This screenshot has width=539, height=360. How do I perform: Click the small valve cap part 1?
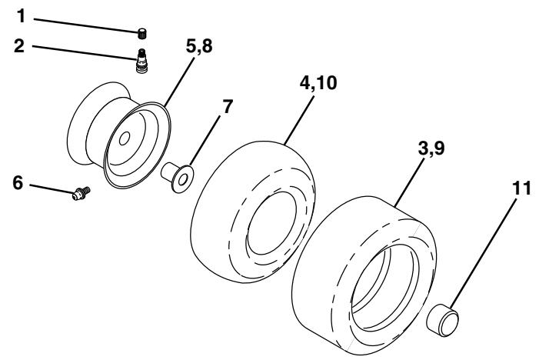coord(141,32)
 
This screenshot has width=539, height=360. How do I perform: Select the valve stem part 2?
coord(141,58)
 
